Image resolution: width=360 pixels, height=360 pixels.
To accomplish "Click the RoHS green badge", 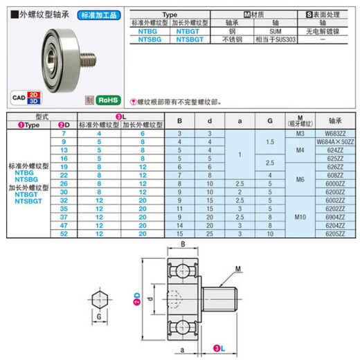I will coord(107,100).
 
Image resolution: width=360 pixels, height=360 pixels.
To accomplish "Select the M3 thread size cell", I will coord(300,132).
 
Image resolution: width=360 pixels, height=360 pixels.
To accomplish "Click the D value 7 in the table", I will coord(64,132).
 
